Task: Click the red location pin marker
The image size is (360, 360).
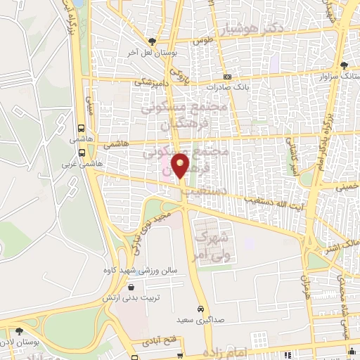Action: (x=181, y=166)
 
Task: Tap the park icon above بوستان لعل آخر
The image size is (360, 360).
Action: (x=152, y=41)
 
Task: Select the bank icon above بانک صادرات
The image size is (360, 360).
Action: (x=227, y=77)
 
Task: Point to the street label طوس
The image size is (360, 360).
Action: (x=204, y=41)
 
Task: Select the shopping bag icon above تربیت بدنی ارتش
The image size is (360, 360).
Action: (x=132, y=287)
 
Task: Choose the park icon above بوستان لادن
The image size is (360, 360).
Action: (x=19, y=330)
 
